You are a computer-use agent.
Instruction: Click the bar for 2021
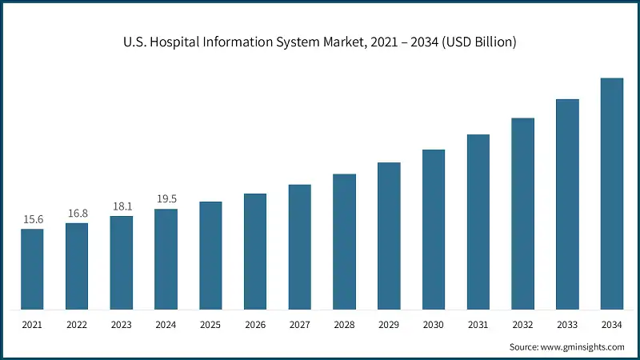pos(32,269)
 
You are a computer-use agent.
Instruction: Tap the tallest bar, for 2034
pos(612,194)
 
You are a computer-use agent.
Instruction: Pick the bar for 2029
pos(389,236)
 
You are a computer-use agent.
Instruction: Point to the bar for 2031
pos(478,222)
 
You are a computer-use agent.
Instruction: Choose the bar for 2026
pos(255,251)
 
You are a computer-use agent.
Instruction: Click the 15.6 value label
pos(32,219)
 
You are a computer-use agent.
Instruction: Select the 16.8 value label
pos(77,213)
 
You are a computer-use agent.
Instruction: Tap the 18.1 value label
pos(122,206)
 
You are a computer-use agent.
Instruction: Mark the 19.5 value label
pos(166,199)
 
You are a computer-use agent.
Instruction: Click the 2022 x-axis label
pos(77,324)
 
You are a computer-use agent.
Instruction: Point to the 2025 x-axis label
pos(210,324)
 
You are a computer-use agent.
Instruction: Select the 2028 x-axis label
pos(344,324)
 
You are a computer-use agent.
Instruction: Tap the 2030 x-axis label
pos(434,324)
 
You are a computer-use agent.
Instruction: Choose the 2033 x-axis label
pos(567,324)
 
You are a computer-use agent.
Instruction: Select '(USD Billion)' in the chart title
pos(478,42)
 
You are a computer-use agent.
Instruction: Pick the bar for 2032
pos(522,214)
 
